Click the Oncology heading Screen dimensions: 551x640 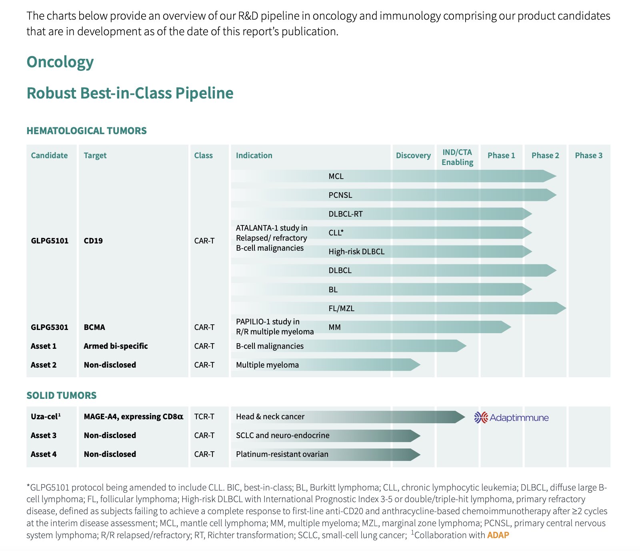(60, 62)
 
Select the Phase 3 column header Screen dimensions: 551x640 (588, 155)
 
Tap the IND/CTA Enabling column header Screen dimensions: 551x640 (457, 157)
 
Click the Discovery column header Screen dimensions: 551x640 (413, 155)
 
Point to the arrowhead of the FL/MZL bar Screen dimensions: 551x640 (561, 308)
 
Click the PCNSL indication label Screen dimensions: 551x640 (340, 195)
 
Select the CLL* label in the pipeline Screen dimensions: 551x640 (336, 233)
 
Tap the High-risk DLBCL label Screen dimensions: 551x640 (356, 251)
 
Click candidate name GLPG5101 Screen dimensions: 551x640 (50, 241)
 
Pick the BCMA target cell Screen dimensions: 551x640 (94, 327)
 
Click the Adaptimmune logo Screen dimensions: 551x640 (511, 418)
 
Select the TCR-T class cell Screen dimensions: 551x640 (204, 416)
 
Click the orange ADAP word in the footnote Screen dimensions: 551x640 (498, 535)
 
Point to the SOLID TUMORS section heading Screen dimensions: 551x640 (62, 395)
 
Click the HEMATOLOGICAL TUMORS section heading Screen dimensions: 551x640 (86, 131)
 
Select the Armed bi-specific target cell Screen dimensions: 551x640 (116, 346)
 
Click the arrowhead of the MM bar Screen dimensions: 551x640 (506, 327)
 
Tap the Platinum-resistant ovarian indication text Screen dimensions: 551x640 (282, 454)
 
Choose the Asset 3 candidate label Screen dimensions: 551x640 (44, 435)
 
